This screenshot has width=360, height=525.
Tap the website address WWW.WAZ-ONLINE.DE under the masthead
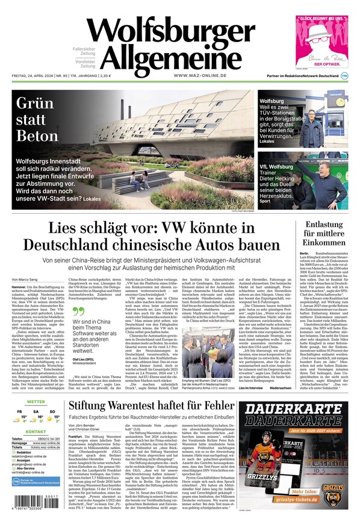[x=200, y=76]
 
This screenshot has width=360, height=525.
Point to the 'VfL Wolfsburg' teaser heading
[x=276, y=166]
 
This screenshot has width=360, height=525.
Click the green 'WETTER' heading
[x=36, y=402]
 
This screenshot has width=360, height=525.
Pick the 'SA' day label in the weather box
[x=36, y=412]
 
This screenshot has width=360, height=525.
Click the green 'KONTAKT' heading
[x=36, y=432]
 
